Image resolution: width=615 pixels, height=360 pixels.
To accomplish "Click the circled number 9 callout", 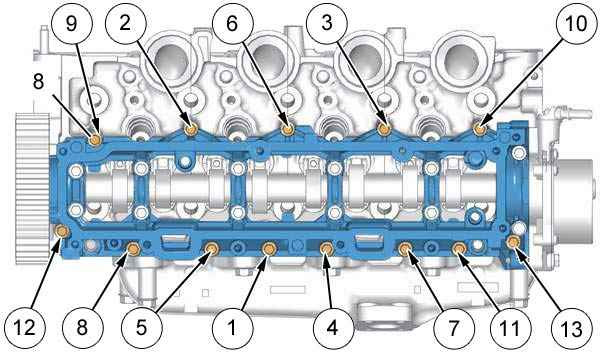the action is pos(71,24).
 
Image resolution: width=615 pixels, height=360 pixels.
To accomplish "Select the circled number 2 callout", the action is pos(125,24).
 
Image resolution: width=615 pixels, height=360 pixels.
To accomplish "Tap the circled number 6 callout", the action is pos(232,24).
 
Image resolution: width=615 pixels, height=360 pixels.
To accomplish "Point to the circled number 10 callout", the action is pos(576,24).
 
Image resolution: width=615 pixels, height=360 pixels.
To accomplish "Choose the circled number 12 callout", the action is pos(25,328).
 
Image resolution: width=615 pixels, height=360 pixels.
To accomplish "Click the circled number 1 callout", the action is pos(232,328).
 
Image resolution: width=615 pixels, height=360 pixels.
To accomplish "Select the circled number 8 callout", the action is pos(82,328).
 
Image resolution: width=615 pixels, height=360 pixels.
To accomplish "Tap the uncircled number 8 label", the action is pos(38,82).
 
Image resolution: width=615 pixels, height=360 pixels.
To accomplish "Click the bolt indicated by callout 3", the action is pos(384,128).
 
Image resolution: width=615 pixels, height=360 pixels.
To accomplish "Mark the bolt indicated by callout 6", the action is pos(288,128).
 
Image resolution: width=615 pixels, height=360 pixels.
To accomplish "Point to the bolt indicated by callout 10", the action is pos(479,128).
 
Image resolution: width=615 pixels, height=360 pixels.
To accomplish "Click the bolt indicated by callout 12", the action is pos(62,232).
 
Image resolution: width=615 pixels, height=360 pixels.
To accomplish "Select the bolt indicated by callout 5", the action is pos(213,248).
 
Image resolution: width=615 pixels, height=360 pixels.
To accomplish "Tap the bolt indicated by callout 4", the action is pos(326,248).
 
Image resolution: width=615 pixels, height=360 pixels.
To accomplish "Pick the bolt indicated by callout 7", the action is pos(405,248).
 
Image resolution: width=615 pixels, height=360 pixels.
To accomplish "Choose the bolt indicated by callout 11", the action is pos(459,248).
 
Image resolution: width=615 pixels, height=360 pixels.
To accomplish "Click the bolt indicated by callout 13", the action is pos(513,242).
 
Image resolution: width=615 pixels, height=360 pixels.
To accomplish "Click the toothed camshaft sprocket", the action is pos(32,188).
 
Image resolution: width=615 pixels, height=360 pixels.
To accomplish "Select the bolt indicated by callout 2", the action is pos(191,129).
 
